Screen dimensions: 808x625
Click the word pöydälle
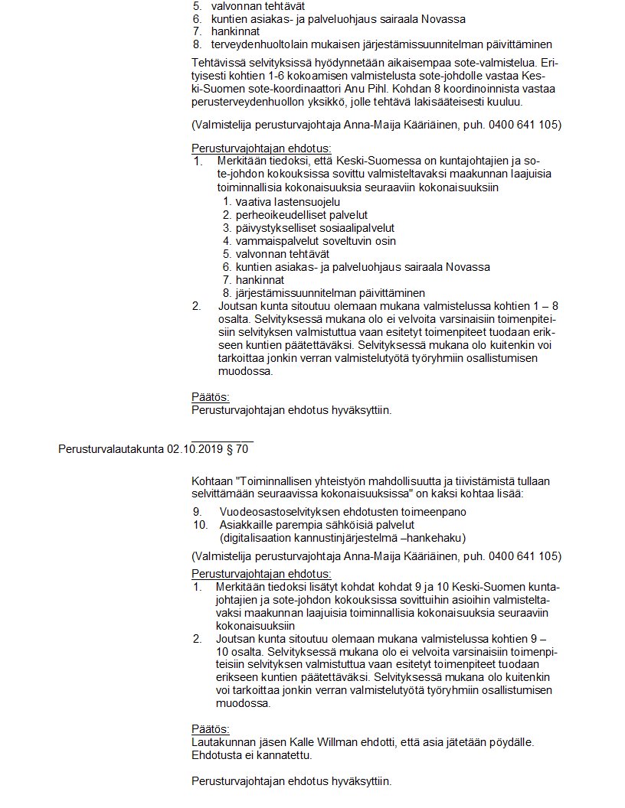pyautogui.click(x=508, y=742)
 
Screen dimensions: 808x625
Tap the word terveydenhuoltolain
pyautogui.click(x=258, y=44)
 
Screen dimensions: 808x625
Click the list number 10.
pyautogui.click(x=201, y=524)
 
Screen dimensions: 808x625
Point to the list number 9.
pyautogui.click(x=198, y=511)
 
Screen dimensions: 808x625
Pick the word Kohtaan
pyautogui.click(x=212, y=481)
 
